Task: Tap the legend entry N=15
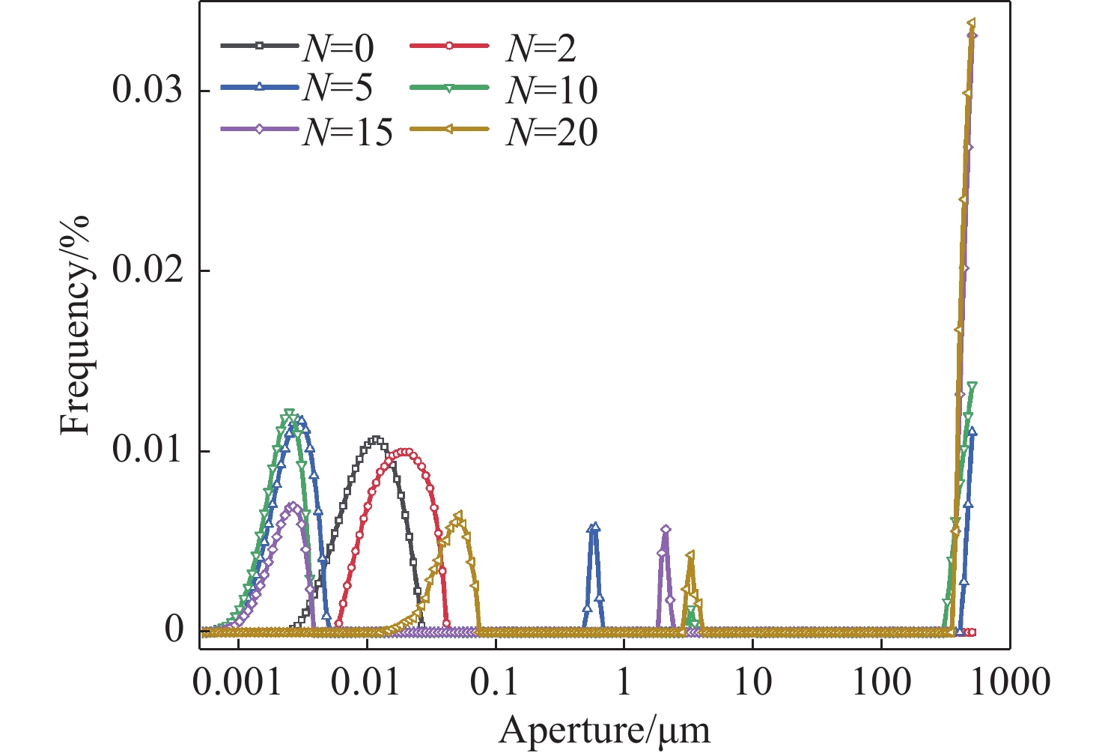point(307,132)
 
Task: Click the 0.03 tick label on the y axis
point(147,90)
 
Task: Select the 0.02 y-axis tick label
point(147,270)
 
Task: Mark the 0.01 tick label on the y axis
point(147,451)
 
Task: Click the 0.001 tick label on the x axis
point(237,683)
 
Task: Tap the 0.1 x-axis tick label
point(496,683)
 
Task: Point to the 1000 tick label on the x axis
point(1010,683)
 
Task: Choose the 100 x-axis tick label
point(881,683)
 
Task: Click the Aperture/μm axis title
point(604,729)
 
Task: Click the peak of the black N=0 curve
point(376,441)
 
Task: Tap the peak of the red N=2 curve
point(404,452)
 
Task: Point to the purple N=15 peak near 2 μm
point(666,530)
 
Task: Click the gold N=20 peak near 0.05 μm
point(458,515)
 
